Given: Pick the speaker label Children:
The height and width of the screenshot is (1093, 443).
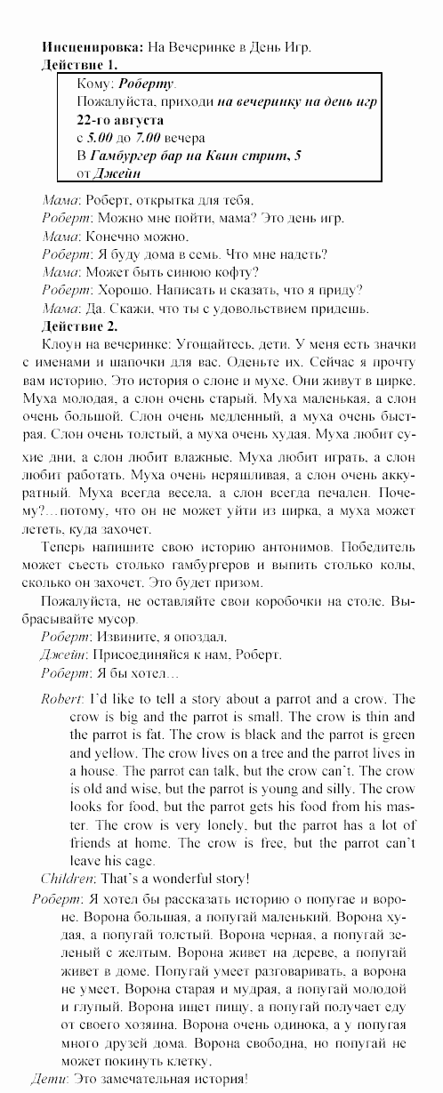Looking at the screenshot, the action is click(68, 879).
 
